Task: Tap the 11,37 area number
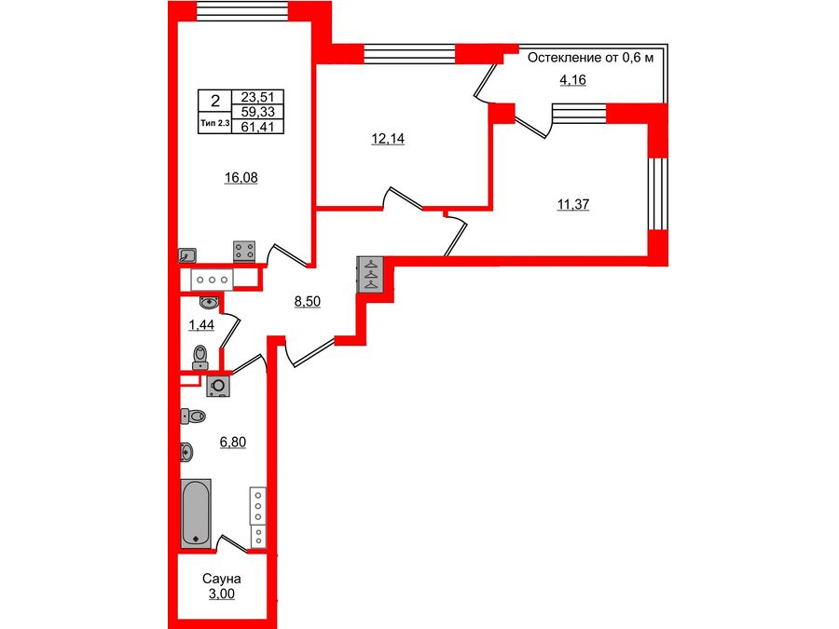[x=572, y=206]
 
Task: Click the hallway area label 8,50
[x=308, y=301]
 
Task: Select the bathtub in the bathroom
[x=196, y=512]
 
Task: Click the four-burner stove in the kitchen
[x=245, y=250]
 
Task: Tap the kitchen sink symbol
[x=187, y=253]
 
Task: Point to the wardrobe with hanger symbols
[x=369, y=274]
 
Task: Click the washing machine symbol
[x=219, y=385]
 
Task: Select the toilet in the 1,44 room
[x=199, y=356]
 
